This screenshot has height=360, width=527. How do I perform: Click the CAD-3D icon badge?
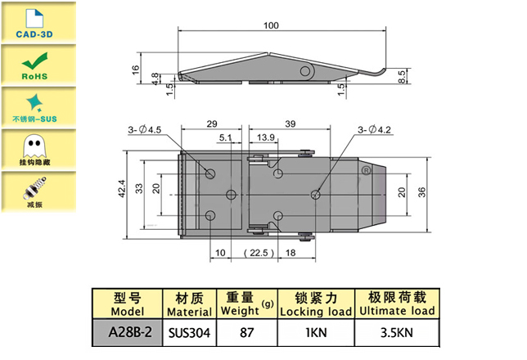[x=33, y=23]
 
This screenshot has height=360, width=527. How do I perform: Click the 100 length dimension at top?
[x=272, y=26]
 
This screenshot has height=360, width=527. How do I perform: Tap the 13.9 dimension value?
[x=265, y=138]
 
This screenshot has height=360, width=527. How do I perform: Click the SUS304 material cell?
[x=188, y=333]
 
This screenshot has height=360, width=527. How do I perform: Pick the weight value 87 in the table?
[x=245, y=333]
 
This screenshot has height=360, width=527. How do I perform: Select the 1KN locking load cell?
[x=316, y=333]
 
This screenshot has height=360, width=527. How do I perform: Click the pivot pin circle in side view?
[x=307, y=70]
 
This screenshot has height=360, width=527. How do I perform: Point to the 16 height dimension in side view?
[x=137, y=70]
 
